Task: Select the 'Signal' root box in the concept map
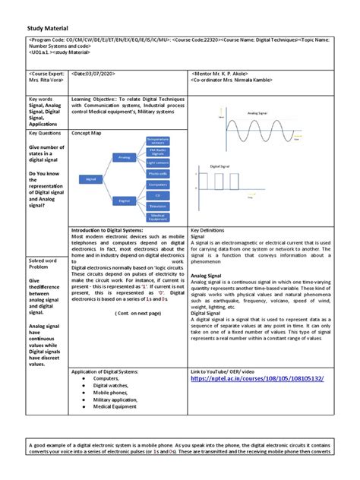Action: point(91,178)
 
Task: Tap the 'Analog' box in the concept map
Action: point(125,156)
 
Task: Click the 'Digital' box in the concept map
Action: point(125,201)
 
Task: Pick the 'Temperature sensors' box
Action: point(157,141)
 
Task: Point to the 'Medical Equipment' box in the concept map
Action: point(158,217)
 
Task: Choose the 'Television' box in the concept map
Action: point(158,206)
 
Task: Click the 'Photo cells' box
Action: point(158,173)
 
